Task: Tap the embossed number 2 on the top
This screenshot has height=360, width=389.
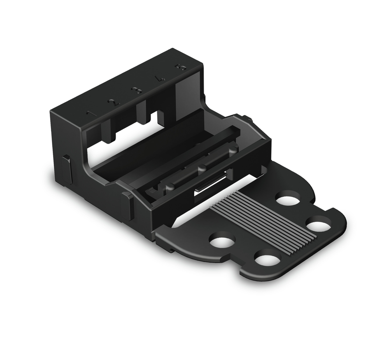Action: pyautogui.click(x=113, y=103)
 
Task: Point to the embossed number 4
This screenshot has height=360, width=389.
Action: pyautogui.click(x=159, y=79)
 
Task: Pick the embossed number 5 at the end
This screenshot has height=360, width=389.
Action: pyautogui.click(x=181, y=67)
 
